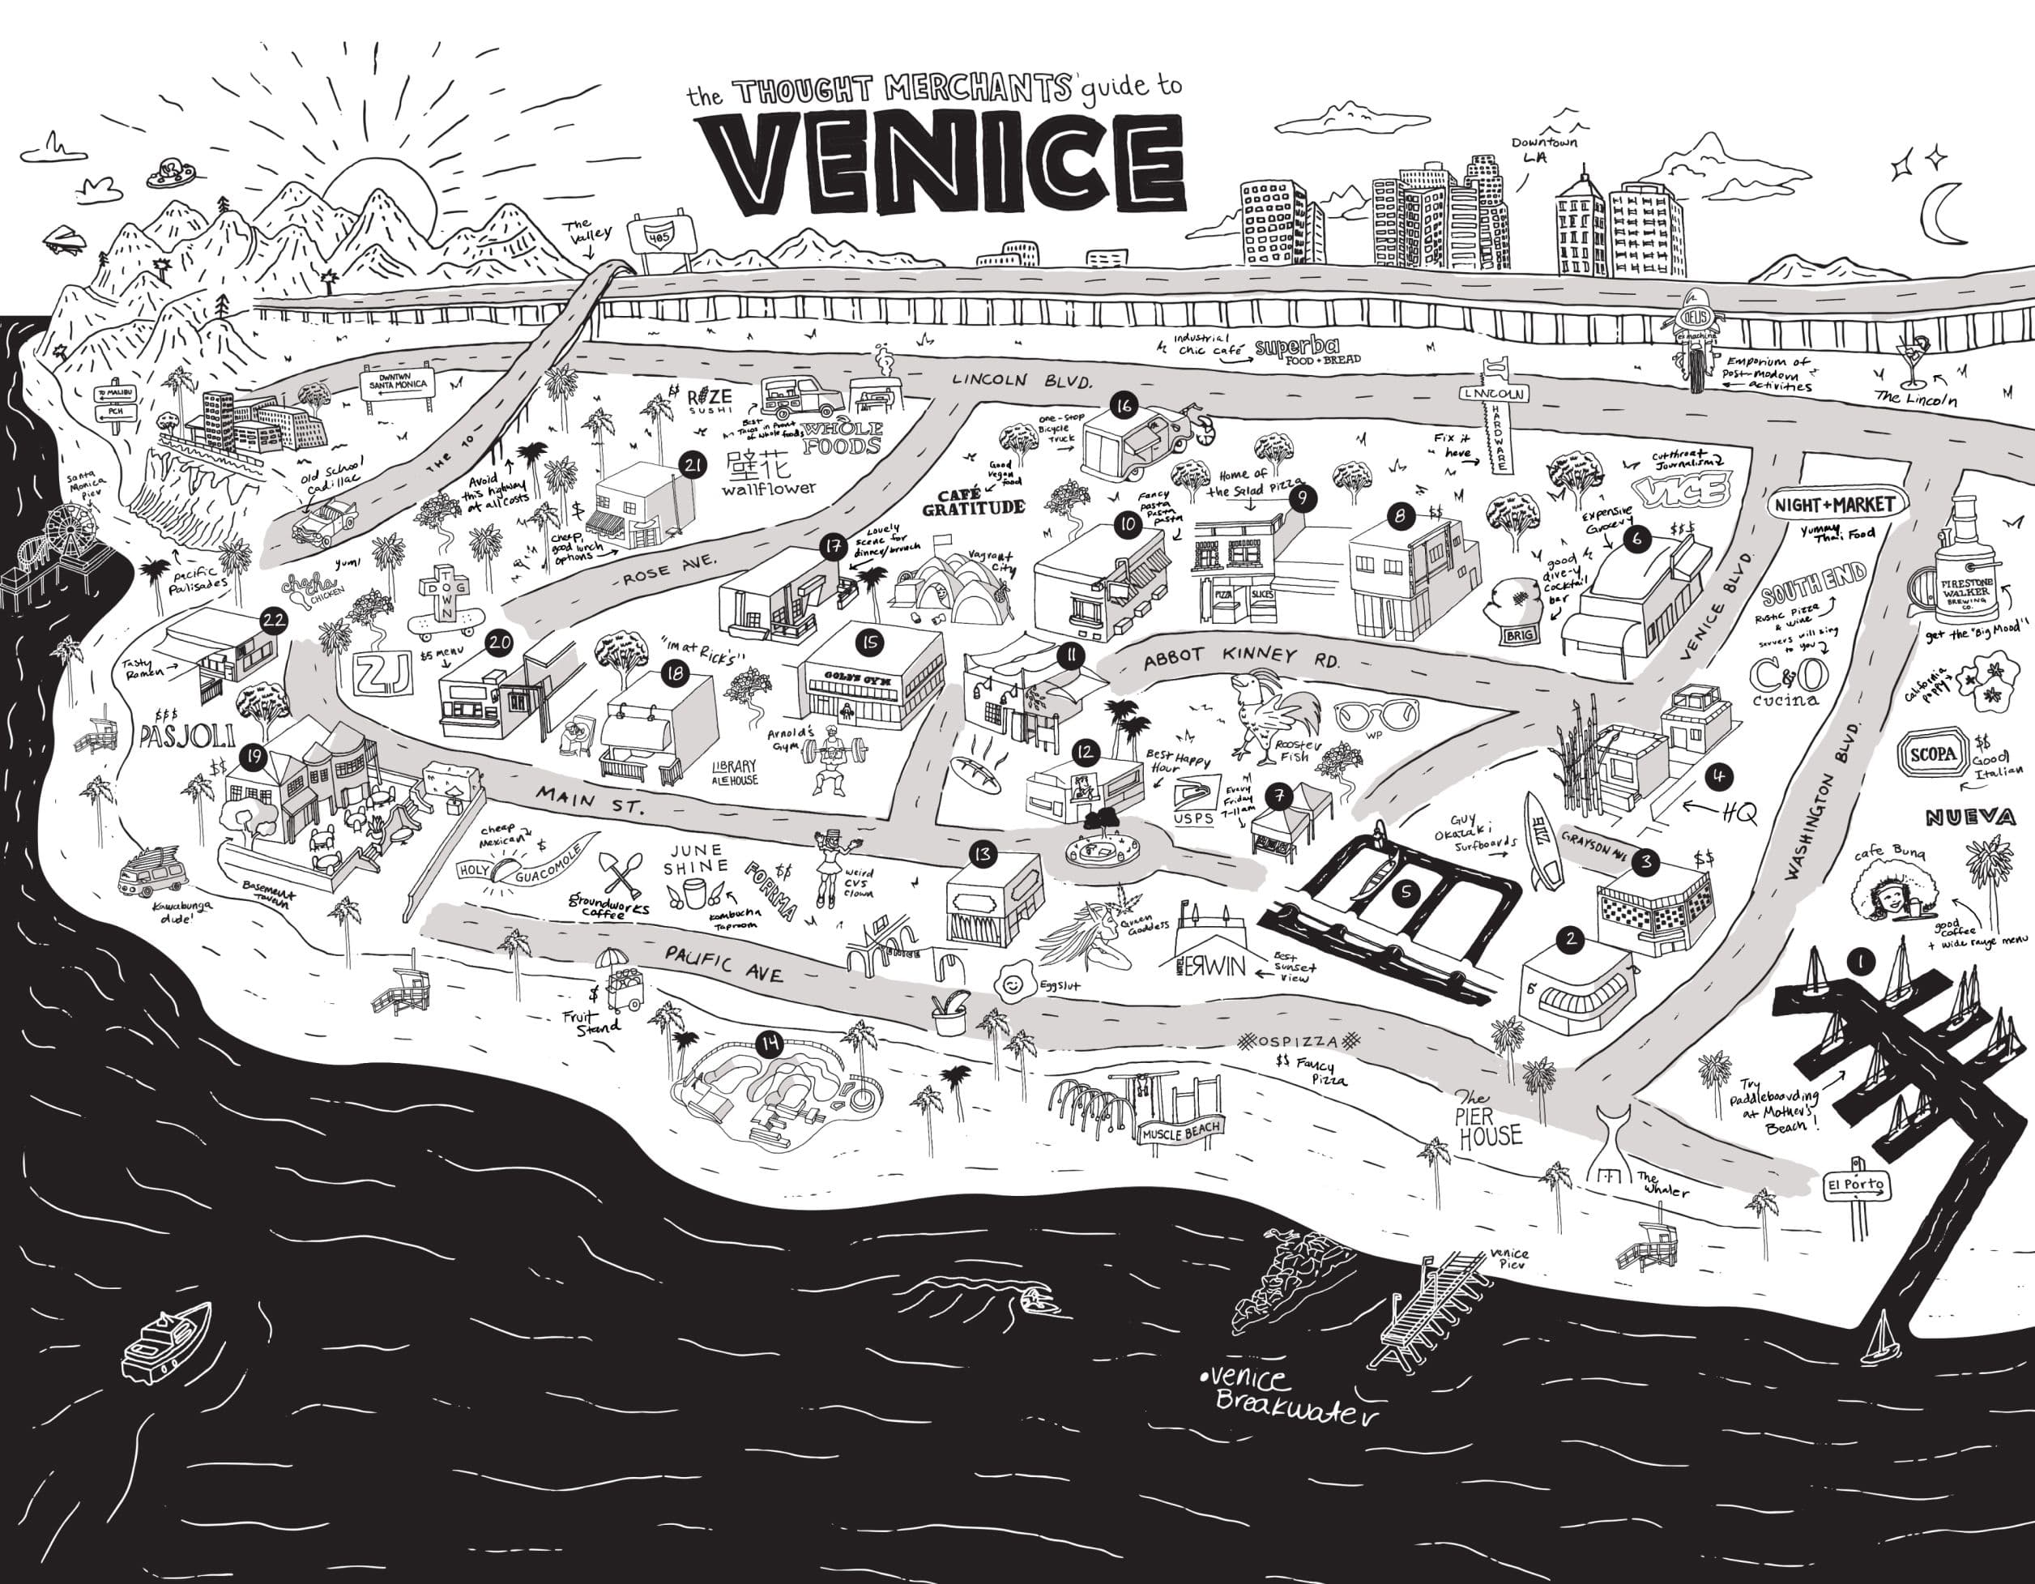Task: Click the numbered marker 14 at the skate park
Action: click(770, 1044)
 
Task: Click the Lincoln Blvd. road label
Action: click(1022, 380)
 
